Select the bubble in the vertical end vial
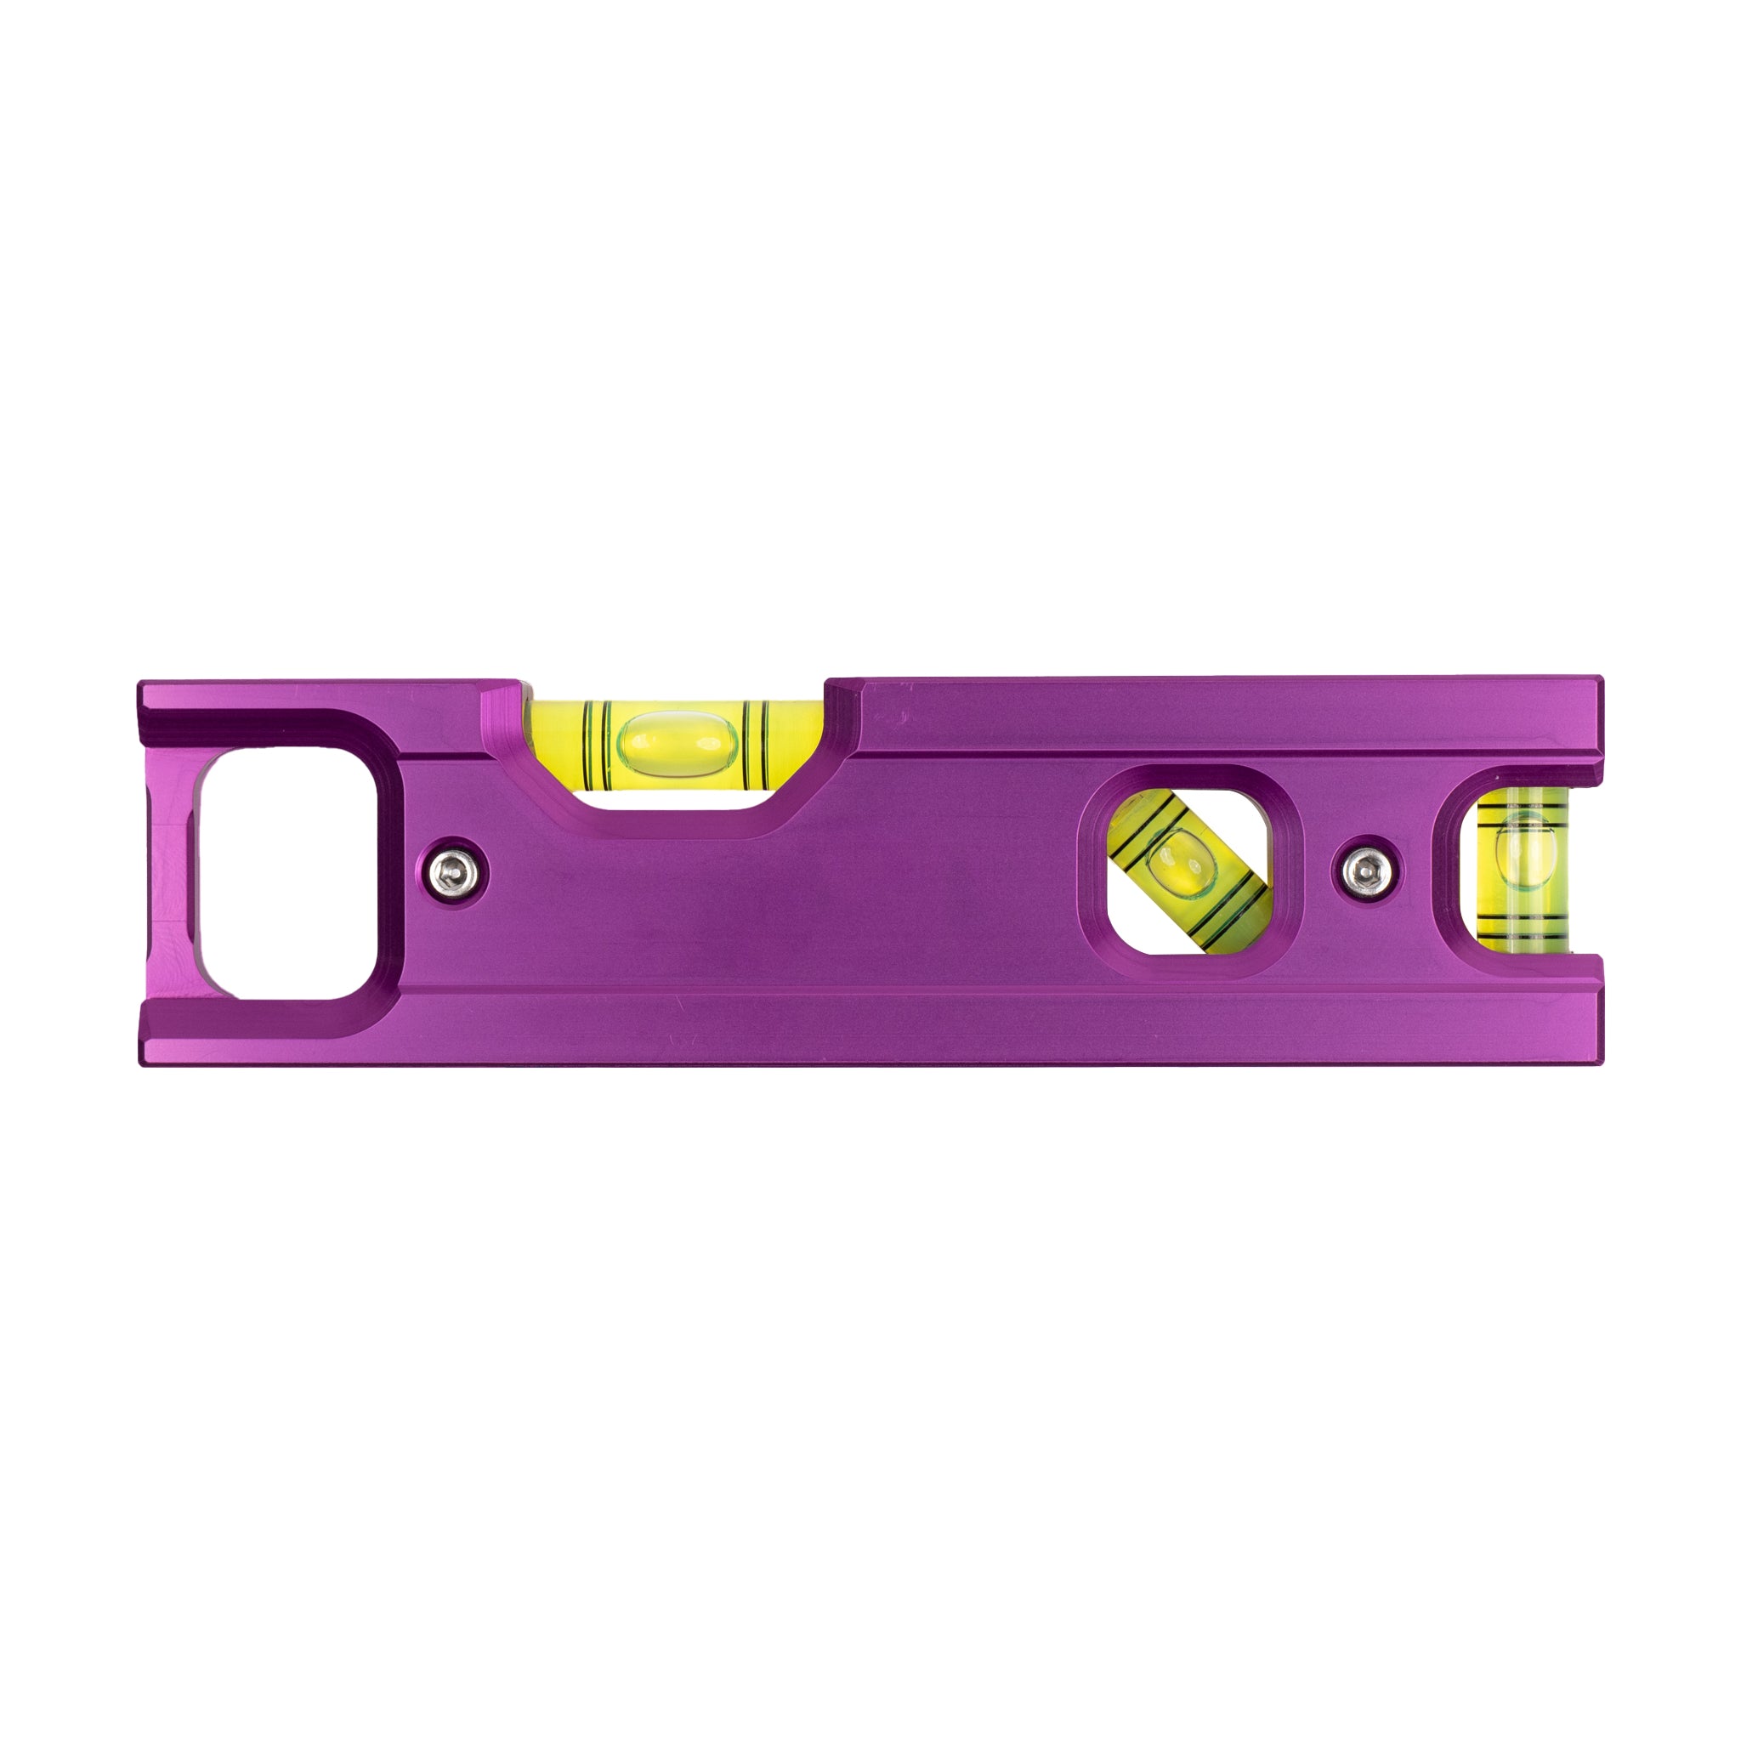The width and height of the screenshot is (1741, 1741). [x=1523, y=853]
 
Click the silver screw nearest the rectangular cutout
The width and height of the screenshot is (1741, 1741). [x=454, y=871]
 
